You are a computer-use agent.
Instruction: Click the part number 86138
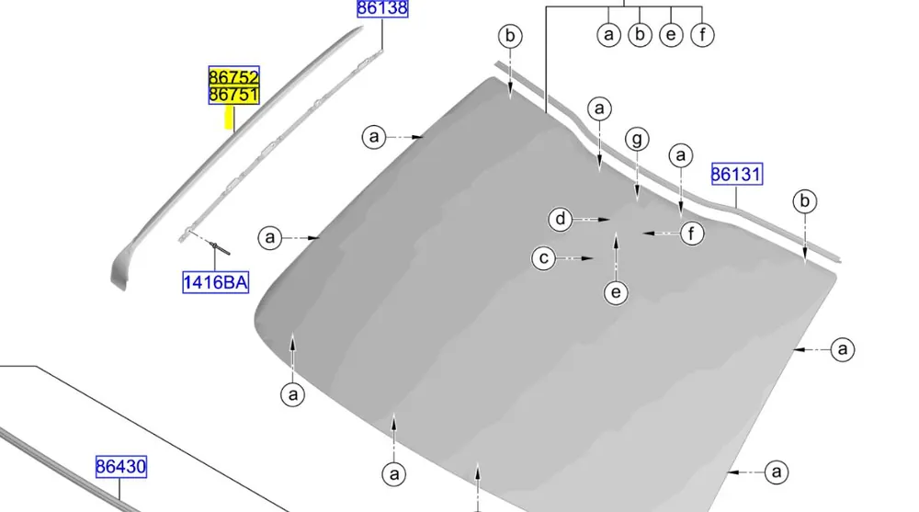(x=382, y=8)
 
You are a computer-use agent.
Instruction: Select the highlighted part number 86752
(x=233, y=77)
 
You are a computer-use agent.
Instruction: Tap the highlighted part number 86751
(x=233, y=95)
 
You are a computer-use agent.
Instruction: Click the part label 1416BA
(x=216, y=283)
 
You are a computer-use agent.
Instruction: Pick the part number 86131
(x=737, y=174)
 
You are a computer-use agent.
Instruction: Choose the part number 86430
(x=120, y=467)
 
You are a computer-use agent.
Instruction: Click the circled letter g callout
(x=637, y=139)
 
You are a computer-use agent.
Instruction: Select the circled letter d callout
(x=561, y=219)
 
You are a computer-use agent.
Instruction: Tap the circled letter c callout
(x=544, y=258)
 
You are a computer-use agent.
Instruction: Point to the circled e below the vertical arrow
(x=616, y=292)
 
